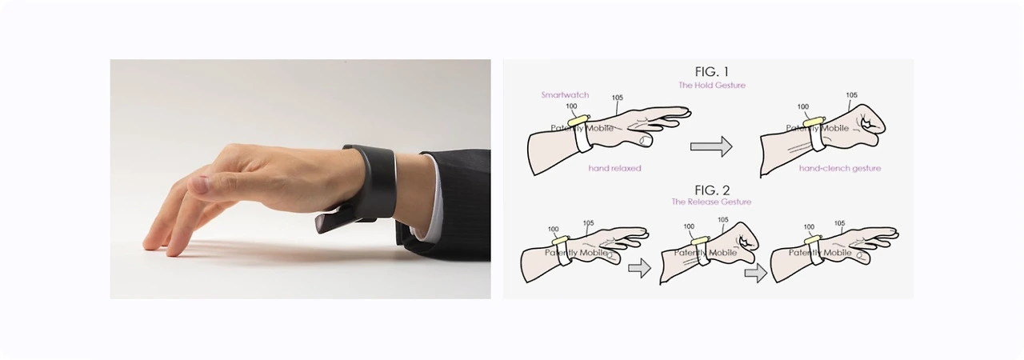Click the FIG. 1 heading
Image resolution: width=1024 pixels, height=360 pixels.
[x=712, y=72]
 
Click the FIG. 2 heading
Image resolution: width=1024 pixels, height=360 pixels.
[x=712, y=190]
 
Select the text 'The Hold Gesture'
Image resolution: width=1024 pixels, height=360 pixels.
[x=712, y=85]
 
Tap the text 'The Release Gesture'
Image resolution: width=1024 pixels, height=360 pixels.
[x=711, y=202]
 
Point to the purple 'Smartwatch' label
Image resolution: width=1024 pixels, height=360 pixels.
[x=565, y=95]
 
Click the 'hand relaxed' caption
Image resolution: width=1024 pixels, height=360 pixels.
[x=615, y=168]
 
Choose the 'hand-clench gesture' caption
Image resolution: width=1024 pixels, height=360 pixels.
[x=840, y=168]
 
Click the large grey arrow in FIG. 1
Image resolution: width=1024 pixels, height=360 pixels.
[x=711, y=146]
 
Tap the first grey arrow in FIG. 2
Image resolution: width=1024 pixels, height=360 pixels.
[x=639, y=268]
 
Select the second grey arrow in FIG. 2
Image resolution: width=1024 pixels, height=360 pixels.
[x=756, y=273]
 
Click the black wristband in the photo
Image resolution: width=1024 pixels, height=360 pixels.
[x=370, y=182]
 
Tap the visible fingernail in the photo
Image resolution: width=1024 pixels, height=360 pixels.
[x=201, y=184]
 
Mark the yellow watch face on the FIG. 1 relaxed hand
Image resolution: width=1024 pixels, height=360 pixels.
[x=578, y=120]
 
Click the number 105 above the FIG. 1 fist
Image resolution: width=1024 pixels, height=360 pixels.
[x=851, y=95]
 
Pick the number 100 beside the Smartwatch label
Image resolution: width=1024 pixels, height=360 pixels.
[x=571, y=106]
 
